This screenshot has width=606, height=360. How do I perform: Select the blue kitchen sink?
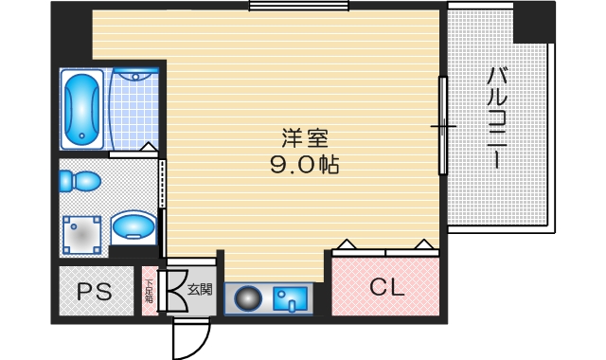tap(291, 299)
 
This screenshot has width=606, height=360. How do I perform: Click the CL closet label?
tap(386, 287)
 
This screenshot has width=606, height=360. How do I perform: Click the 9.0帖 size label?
tap(304, 164)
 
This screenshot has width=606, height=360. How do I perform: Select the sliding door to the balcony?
tap(442, 125)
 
